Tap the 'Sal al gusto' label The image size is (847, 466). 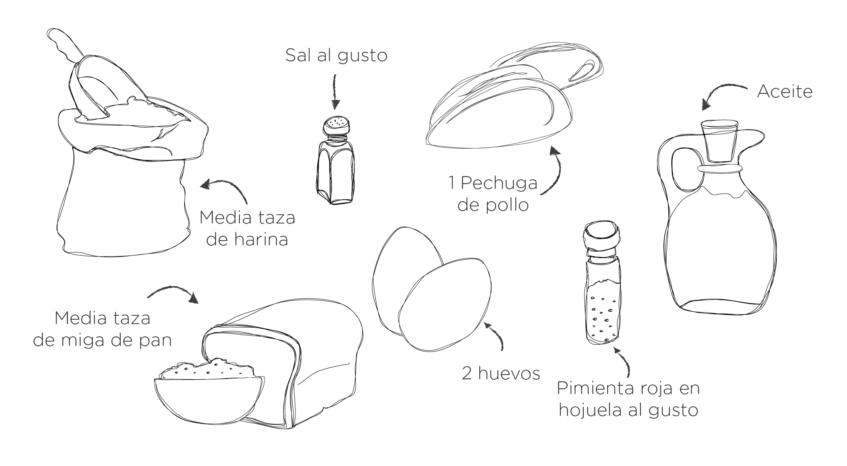coord(336,55)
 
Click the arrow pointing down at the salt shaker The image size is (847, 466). coord(335,91)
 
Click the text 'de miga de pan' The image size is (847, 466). coord(102,340)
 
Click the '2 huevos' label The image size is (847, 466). coord(501,373)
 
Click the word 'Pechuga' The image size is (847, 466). coord(499,183)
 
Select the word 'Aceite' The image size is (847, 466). coord(785,92)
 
